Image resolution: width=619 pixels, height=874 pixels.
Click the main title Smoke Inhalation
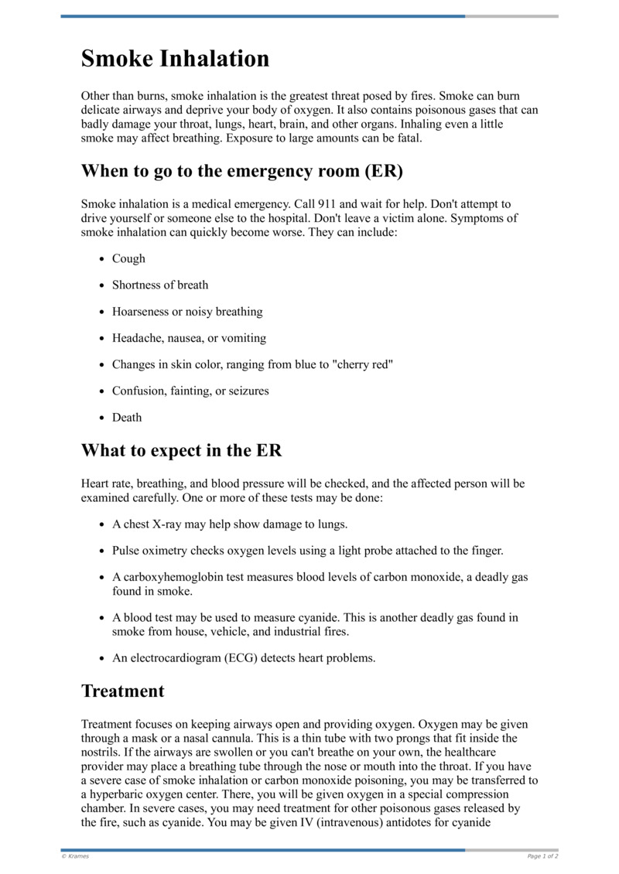point(175,59)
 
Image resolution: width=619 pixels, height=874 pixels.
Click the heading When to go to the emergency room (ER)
point(241,171)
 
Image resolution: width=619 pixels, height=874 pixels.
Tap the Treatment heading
point(122,691)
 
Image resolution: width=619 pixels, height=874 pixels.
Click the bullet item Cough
point(128,258)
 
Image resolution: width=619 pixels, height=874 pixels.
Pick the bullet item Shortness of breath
point(160,285)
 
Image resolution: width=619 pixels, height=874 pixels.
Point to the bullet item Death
point(127,417)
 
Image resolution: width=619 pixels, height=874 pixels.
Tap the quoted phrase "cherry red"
point(362,364)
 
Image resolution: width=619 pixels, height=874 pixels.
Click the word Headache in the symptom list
point(135,338)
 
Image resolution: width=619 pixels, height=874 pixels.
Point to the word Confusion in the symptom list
point(136,391)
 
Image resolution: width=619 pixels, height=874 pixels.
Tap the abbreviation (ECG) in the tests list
point(226,658)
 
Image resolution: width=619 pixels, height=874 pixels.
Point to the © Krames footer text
point(75,856)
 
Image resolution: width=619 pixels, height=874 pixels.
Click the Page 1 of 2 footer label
point(542,856)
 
